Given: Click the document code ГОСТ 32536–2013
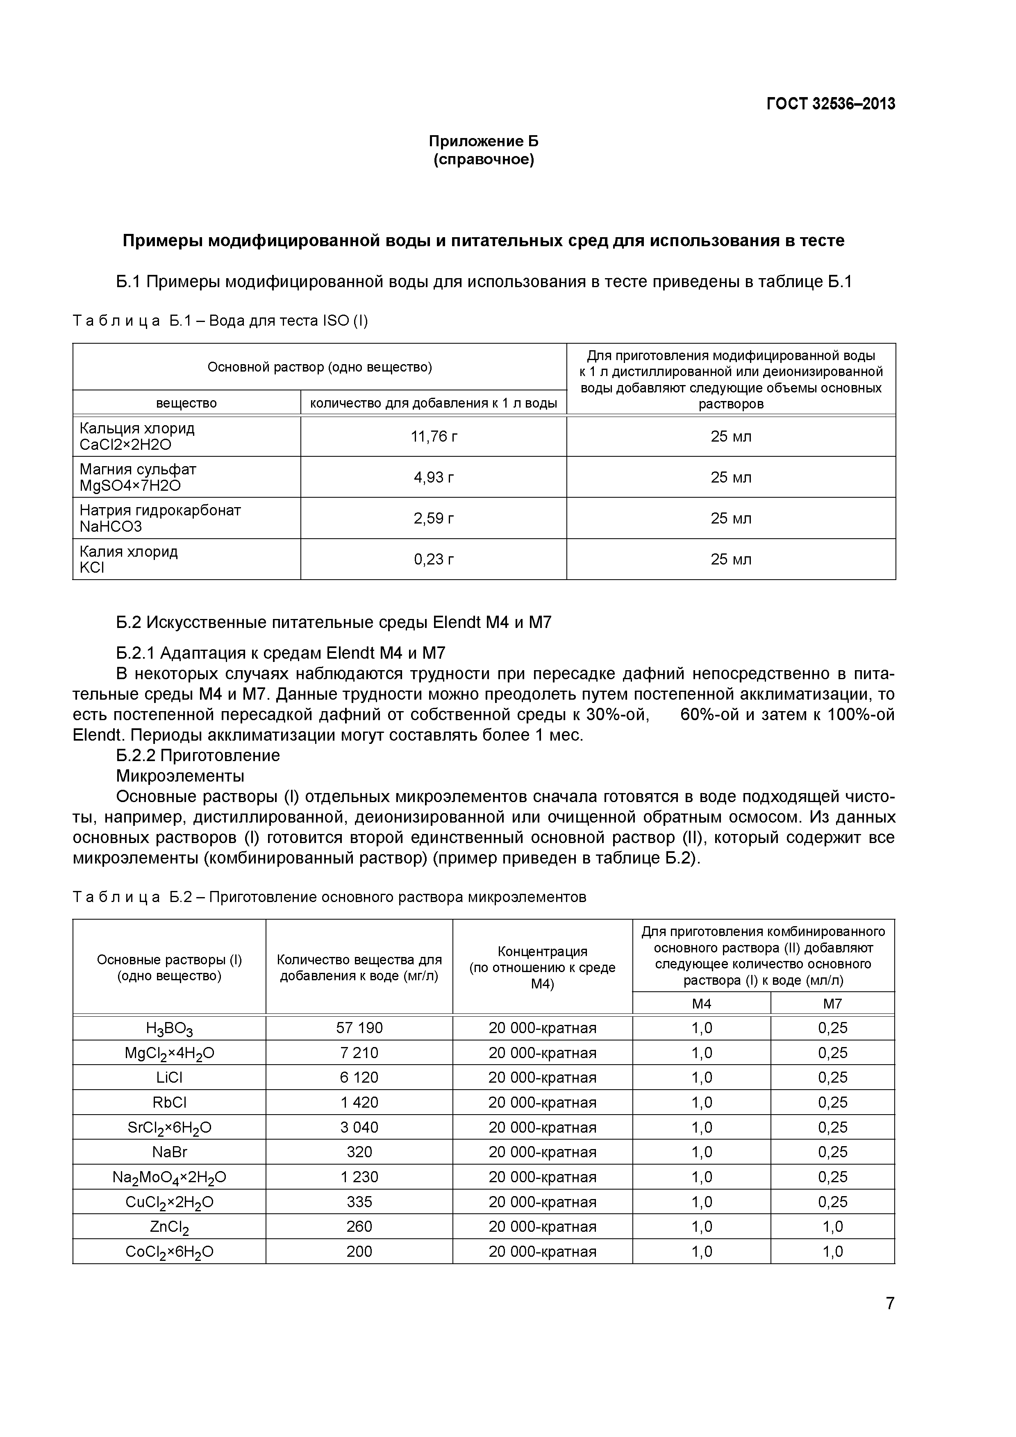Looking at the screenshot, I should click(831, 104).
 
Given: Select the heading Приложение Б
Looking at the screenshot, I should click(483, 141).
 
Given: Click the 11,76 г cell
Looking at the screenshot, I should click(434, 436).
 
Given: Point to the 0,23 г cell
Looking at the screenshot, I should click(434, 559).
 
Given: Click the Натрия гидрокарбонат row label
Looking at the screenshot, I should click(160, 510).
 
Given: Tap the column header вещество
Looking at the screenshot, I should click(186, 403).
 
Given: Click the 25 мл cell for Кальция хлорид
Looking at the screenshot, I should click(730, 436).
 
